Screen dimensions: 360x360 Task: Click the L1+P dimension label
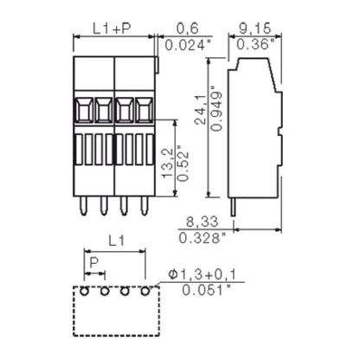tap(112, 29)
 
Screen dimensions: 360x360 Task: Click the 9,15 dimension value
tap(255, 29)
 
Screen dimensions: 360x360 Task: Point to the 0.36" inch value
tap(255, 44)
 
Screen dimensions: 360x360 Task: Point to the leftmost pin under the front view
tap(84, 206)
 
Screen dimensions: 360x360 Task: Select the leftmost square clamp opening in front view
tap(84, 111)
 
